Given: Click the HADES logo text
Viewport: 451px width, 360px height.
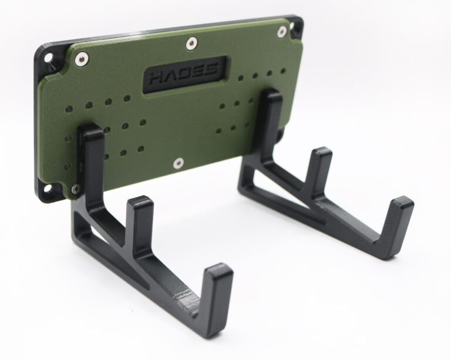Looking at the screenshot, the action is [184, 73].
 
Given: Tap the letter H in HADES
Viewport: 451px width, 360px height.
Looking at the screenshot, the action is [158, 78].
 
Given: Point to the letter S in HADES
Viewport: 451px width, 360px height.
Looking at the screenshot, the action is [211, 69].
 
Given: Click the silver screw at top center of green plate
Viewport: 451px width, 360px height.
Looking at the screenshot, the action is [191, 43].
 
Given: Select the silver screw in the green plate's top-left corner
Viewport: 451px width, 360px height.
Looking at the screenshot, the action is [81, 59].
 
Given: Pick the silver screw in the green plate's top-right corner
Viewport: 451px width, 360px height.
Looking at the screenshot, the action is [282, 32].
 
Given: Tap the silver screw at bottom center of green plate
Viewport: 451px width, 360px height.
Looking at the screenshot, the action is [179, 163].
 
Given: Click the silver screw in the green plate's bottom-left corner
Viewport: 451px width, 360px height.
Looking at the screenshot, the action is [75, 188].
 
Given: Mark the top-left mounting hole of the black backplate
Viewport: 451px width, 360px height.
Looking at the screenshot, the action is [49, 57].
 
